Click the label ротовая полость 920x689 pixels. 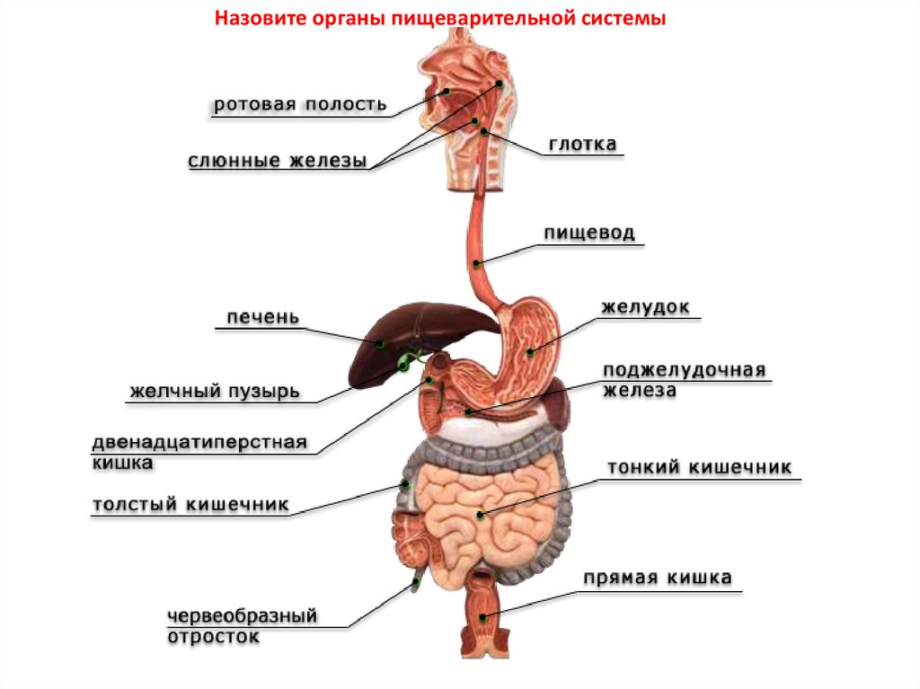point(300,104)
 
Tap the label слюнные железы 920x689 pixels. point(278,162)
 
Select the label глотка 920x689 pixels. point(582,144)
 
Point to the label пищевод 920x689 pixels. point(588,234)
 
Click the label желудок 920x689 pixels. point(645,307)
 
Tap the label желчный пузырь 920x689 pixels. point(215,392)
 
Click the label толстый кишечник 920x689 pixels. point(190,505)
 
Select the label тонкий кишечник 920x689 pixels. point(699,468)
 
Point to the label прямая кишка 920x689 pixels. point(658,578)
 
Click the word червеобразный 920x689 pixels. point(243,617)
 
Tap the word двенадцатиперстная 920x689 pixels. point(199,444)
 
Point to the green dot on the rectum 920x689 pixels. point(483,616)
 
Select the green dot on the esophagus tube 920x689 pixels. point(477,262)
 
